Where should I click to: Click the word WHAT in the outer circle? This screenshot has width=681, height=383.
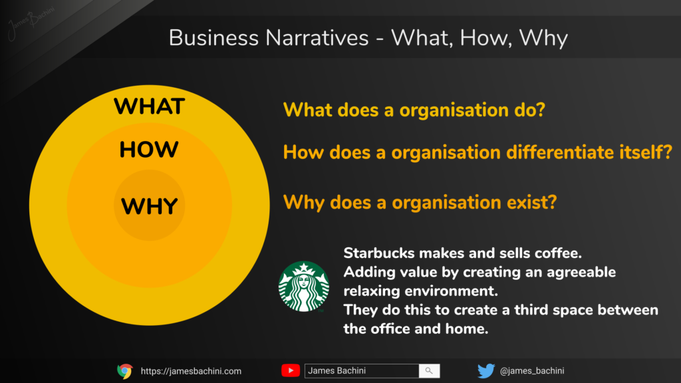pyautogui.click(x=150, y=106)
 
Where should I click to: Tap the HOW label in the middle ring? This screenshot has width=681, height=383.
pyautogui.click(x=149, y=150)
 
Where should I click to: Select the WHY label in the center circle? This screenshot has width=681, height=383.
pyautogui.click(x=150, y=206)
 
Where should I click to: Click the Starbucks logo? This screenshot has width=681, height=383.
pyautogui.click(x=303, y=286)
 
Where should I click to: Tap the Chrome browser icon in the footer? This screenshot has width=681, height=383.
pyautogui.click(x=124, y=371)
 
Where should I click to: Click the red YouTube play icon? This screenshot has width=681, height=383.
pyautogui.click(x=291, y=370)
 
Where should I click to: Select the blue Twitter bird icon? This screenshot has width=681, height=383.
pyautogui.click(x=486, y=371)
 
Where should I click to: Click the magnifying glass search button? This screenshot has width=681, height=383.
pyautogui.click(x=429, y=370)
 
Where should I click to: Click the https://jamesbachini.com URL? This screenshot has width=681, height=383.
pyautogui.click(x=191, y=371)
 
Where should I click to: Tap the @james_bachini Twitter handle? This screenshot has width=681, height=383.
pyautogui.click(x=532, y=371)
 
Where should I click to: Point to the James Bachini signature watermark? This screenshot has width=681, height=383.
pyautogui.click(x=31, y=22)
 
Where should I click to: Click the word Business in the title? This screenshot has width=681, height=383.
pyautogui.click(x=213, y=38)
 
